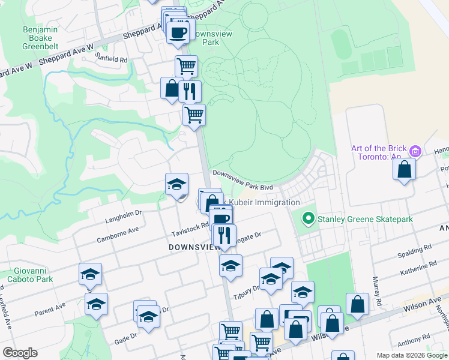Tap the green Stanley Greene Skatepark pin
coord(309,218)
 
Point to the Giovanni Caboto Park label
coord(30,274)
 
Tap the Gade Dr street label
coord(125,338)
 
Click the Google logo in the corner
coord(20,353)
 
